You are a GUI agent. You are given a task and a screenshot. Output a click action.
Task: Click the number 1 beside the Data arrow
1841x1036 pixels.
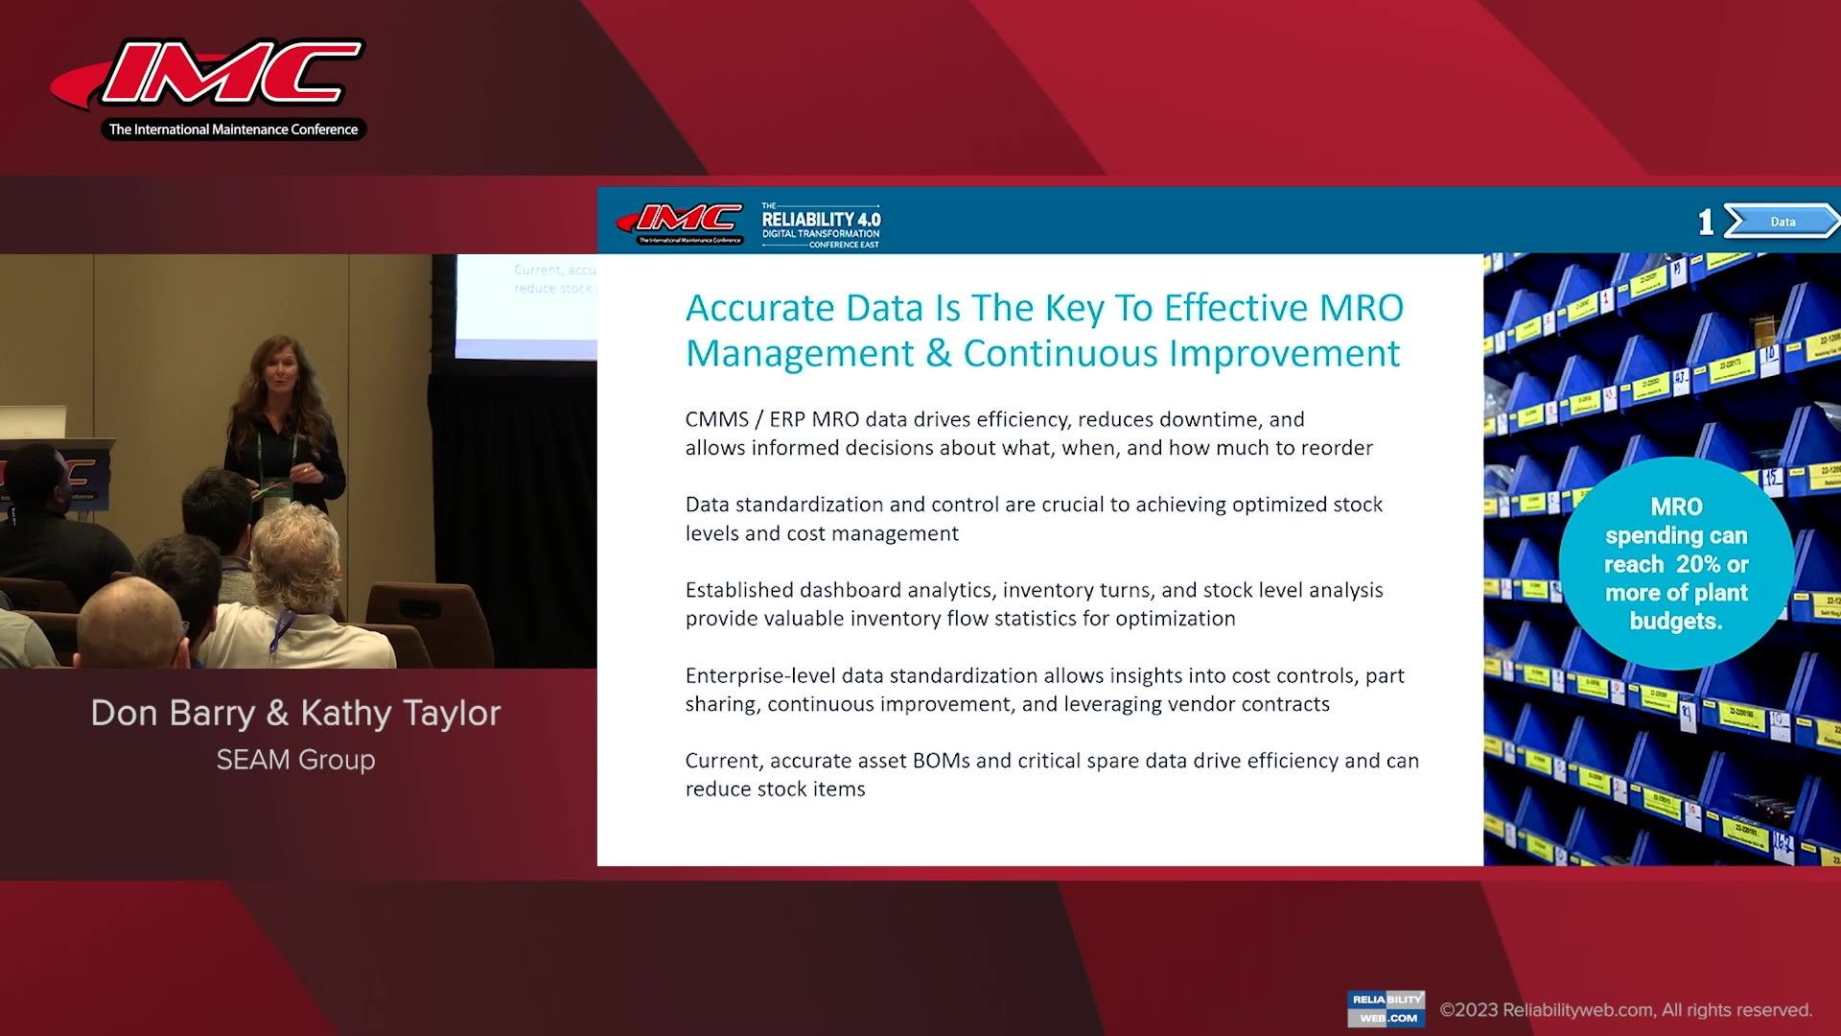click(1705, 223)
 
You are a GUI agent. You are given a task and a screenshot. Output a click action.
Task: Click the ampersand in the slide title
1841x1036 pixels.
click(938, 353)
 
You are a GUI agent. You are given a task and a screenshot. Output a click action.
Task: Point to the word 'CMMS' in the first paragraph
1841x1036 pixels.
click(716, 419)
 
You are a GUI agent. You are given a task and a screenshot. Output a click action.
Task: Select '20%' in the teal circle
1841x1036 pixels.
click(1700, 564)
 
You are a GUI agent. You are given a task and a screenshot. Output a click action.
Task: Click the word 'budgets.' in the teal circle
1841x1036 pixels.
click(1676, 621)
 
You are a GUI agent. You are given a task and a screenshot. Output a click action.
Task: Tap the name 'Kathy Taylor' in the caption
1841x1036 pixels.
click(400, 713)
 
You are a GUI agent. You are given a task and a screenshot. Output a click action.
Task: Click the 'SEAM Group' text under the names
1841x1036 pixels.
click(295, 760)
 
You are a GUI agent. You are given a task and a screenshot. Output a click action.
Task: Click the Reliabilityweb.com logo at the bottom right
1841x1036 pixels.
click(1386, 1008)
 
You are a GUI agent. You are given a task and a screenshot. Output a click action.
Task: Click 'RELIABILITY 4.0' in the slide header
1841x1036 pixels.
click(821, 219)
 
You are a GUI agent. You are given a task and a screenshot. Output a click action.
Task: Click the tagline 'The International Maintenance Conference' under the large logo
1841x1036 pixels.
click(233, 129)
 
